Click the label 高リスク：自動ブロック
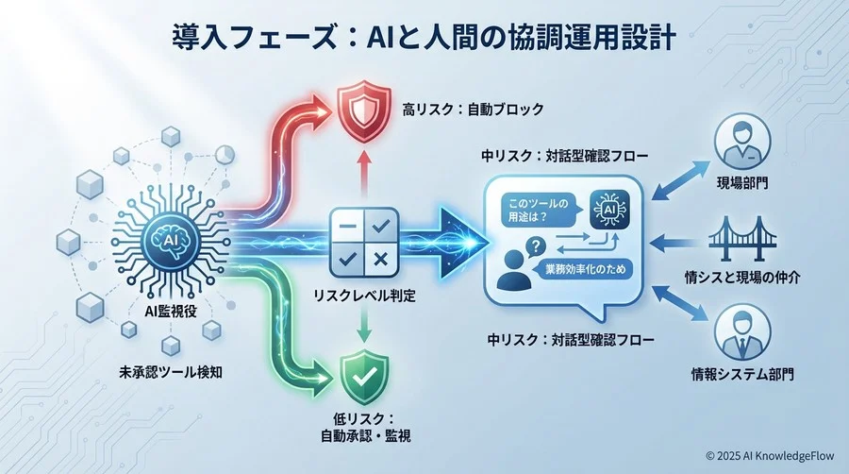click(461, 110)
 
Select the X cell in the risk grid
click(380, 259)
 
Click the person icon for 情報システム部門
click(741, 330)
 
